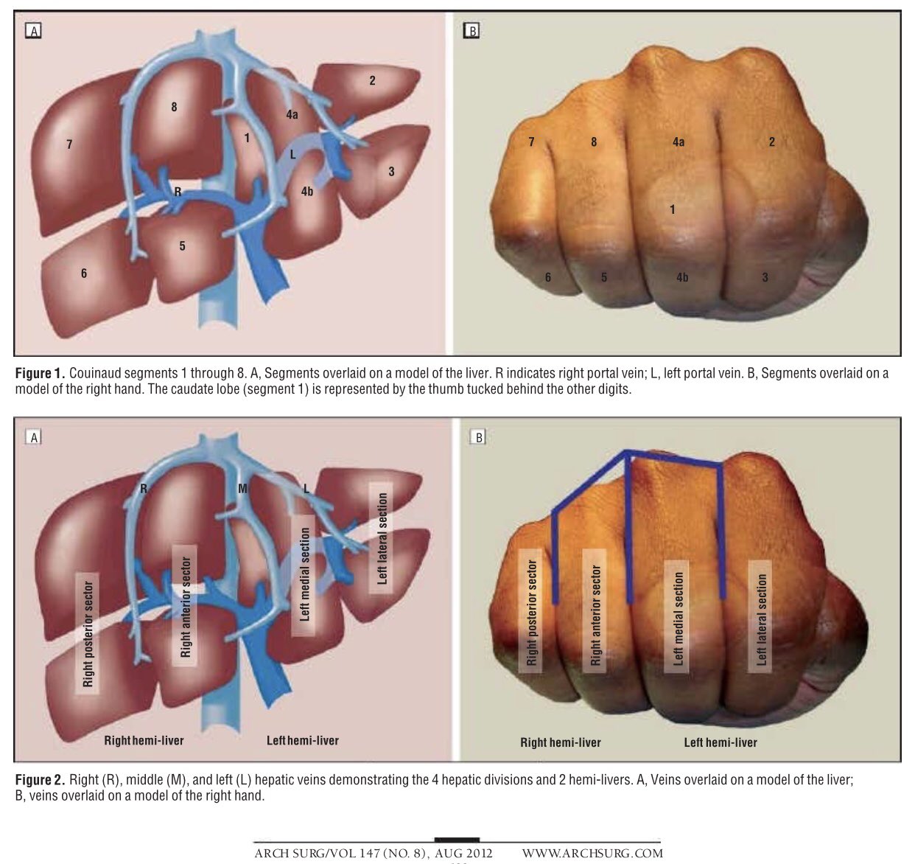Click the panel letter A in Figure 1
(x=34, y=32)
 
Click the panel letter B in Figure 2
(x=479, y=437)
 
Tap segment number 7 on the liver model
(x=69, y=144)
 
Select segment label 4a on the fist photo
(x=679, y=142)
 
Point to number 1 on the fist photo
(x=672, y=210)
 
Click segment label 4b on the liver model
(x=307, y=191)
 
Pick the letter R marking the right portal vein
(x=178, y=192)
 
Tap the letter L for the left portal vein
(x=292, y=155)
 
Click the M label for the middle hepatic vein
(x=242, y=489)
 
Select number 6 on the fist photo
(x=548, y=277)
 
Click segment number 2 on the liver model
(x=372, y=80)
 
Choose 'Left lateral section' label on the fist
(x=761, y=619)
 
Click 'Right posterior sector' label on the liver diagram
(x=87, y=633)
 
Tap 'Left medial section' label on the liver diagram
(x=304, y=574)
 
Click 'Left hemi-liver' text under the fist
(x=720, y=743)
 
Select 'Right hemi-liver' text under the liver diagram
(x=144, y=740)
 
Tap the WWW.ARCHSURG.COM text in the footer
(x=592, y=854)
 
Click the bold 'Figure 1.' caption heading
(x=40, y=373)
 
